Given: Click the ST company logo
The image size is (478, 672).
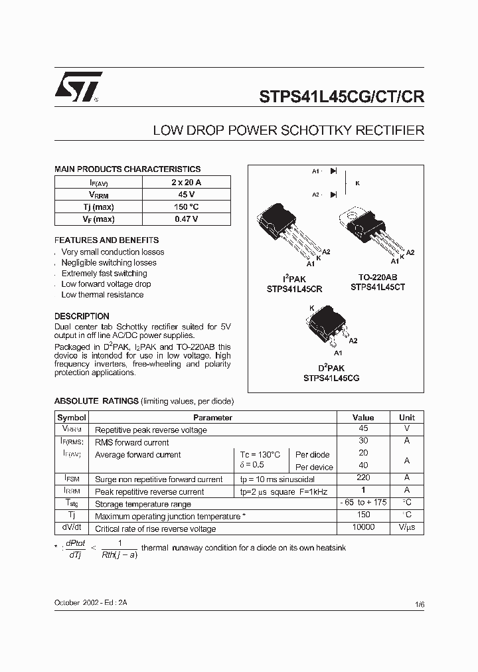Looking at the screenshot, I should (x=78, y=86).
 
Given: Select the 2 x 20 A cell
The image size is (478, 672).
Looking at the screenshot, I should (x=186, y=182).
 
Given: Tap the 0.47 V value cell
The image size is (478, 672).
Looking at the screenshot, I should (x=186, y=219).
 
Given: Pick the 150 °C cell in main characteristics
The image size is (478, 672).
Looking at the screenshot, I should (x=186, y=207).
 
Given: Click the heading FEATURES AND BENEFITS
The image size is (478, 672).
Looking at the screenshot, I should (x=106, y=240).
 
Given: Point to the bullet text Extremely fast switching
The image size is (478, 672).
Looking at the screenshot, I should (x=104, y=274).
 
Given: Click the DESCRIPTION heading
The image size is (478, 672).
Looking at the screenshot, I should (x=82, y=317).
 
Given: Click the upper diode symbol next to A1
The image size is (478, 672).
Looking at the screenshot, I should (x=333, y=171).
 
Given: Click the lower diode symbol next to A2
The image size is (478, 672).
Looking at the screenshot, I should (x=333, y=195).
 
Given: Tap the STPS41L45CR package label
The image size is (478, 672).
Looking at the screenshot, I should (x=294, y=289).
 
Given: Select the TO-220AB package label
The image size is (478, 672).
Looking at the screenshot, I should (x=378, y=278).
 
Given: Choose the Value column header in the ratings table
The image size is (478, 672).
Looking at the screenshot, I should (x=363, y=418).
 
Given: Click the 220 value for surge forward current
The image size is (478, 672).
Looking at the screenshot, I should (x=363, y=478).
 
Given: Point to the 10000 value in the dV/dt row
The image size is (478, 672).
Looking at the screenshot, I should (x=363, y=527).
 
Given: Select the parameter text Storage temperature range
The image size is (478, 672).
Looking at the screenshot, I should (x=143, y=504).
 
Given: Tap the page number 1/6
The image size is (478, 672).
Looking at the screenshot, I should (x=419, y=604).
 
